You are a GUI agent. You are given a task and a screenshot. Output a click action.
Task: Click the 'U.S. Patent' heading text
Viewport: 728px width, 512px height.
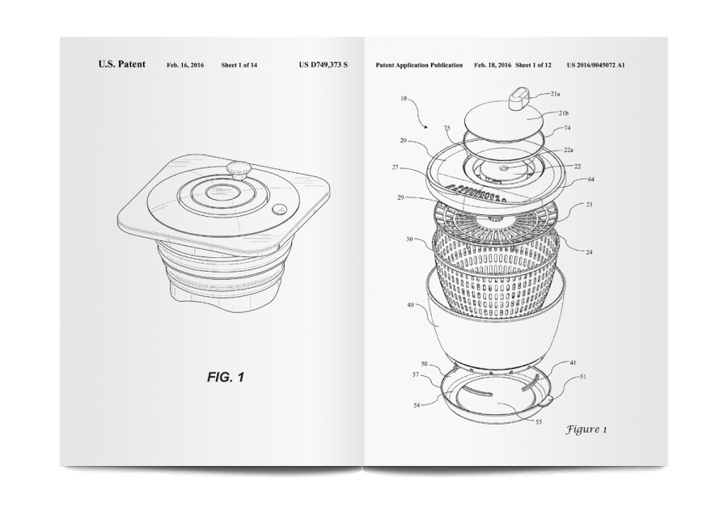click(x=121, y=64)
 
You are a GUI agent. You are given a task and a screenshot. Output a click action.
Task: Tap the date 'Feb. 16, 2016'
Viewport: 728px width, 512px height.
click(x=185, y=65)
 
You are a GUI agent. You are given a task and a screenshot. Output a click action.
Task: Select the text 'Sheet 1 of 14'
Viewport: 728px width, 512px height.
click(x=239, y=65)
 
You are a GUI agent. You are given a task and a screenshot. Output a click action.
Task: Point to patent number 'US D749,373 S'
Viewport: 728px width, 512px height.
click(x=323, y=65)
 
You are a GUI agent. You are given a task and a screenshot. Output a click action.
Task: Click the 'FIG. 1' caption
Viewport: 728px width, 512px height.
click(x=226, y=377)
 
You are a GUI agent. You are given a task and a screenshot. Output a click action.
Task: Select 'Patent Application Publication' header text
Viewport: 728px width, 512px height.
click(x=419, y=65)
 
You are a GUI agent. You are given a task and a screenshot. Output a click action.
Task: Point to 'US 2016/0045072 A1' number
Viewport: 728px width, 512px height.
click(x=595, y=65)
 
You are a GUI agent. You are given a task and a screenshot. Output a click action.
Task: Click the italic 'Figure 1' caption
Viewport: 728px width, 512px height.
click(x=586, y=429)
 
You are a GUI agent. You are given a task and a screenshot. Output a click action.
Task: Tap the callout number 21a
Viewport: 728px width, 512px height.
click(x=555, y=94)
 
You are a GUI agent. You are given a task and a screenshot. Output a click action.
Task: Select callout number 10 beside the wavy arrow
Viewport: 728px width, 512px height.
click(x=403, y=99)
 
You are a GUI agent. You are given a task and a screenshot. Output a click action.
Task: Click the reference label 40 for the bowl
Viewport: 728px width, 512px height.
click(x=410, y=305)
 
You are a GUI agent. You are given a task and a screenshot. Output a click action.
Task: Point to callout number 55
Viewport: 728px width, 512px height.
click(x=539, y=422)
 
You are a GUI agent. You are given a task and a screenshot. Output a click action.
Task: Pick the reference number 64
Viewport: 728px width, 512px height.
click(x=591, y=180)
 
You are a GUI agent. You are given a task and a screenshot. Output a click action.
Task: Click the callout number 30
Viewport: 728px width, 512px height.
click(x=409, y=239)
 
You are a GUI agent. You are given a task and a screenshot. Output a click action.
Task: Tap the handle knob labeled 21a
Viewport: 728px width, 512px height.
click(x=519, y=99)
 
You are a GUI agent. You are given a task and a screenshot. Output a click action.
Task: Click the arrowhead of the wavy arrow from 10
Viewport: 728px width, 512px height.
click(x=426, y=126)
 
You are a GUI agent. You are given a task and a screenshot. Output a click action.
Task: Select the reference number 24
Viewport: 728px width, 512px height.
click(x=589, y=252)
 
